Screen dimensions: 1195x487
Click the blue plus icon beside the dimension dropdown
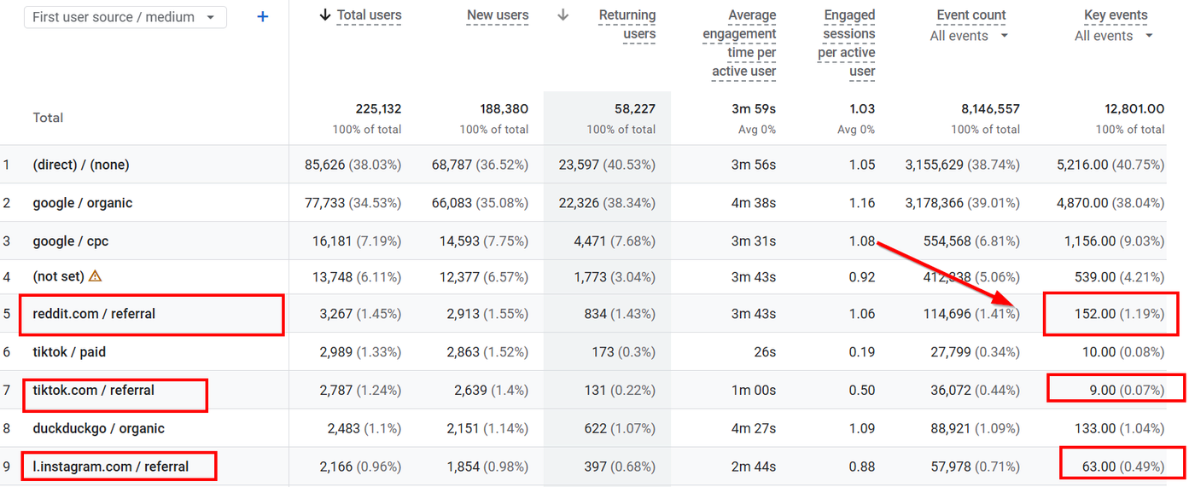(263, 17)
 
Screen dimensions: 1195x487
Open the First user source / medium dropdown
(125, 17)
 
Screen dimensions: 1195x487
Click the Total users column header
(369, 14)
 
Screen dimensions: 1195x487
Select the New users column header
(498, 14)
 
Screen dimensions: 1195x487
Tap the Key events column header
(1116, 14)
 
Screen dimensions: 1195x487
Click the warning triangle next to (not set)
(95, 276)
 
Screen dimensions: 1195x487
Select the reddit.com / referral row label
(94, 314)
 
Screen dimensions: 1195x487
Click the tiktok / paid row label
(69, 352)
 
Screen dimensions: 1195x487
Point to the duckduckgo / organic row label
(99, 428)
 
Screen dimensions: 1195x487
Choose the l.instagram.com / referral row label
(110, 467)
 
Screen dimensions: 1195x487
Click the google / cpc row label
(70, 241)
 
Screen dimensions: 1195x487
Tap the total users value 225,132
(378, 108)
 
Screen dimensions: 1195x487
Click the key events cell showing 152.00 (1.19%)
(1119, 314)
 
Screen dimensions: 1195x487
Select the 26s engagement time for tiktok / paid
(765, 352)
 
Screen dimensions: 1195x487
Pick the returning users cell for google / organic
(607, 203)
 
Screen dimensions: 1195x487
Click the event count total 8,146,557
(990, 108)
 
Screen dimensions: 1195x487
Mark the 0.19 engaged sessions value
(862, 352)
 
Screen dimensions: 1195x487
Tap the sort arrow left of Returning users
(563, 14)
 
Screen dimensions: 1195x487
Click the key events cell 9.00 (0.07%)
(1127, 391)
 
